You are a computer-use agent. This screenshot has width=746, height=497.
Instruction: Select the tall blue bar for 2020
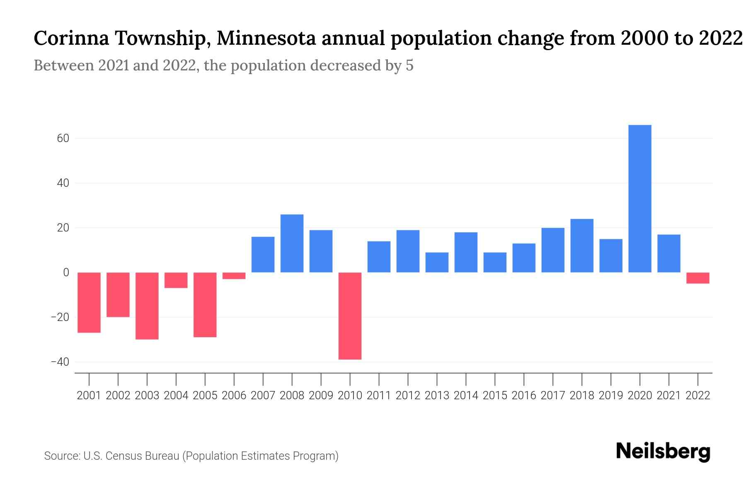[639, 199]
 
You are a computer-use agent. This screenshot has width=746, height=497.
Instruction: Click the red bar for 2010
[350, 316]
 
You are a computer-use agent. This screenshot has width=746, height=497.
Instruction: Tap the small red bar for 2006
[234, 276]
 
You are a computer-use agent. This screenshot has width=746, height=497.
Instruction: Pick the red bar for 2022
[698, 278]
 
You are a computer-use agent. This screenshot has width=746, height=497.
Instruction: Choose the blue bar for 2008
[292, 244]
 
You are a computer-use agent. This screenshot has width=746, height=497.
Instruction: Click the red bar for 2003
[147, 306]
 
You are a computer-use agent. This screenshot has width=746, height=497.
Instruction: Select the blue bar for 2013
[437, 262]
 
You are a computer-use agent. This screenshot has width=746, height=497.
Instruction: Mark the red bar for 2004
[176, 280]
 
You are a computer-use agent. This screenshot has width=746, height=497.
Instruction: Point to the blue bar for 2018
[581, 246]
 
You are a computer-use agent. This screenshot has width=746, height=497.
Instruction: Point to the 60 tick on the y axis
[63, 138]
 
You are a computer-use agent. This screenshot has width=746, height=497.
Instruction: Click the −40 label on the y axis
[60, 362]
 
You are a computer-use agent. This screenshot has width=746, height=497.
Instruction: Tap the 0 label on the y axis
[66, 273]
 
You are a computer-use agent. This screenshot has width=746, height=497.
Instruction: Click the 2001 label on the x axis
[89, 396]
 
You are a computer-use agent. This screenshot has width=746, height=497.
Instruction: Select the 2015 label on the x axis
[495, 396]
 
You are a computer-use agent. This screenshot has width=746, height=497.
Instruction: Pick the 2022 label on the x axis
[698, 396]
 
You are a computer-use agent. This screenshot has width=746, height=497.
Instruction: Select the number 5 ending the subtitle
[409, 65]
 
